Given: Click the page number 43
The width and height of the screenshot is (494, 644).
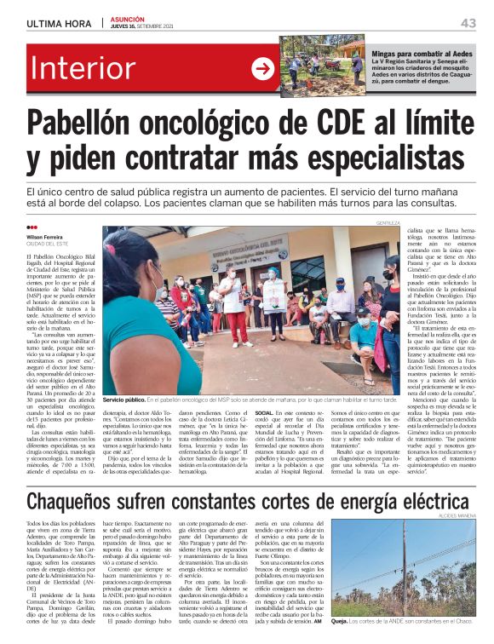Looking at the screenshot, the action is coord(468,22).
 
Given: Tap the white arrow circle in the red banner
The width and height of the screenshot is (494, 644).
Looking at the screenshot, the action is coord(263,69).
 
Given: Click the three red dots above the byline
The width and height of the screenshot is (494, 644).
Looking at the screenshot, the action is coord(32,227).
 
